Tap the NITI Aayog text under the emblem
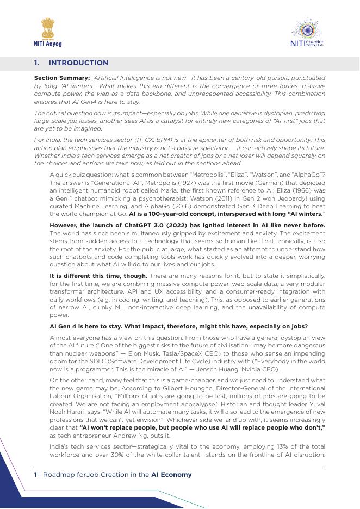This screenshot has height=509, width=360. [x=48, y=44]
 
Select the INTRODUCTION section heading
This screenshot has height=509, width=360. [x=79, y=63]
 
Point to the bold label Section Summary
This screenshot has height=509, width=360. [x=62, y=78]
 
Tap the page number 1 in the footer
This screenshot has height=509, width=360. [x=35, y=475]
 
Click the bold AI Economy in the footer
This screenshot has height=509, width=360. [x=171, y=475]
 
